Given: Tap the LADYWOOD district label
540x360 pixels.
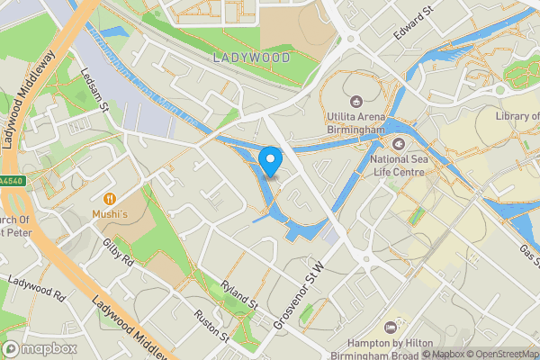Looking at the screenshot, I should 252,57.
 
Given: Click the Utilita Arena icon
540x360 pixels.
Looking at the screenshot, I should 355,101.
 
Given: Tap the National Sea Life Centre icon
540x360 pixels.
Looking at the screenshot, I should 397,143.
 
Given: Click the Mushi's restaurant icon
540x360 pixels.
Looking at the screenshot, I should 110,198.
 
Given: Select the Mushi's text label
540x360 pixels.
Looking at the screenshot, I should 110,214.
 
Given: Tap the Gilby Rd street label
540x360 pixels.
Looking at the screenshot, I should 118,253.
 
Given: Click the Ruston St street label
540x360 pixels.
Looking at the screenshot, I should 212,327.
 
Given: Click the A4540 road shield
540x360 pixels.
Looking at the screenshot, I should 11,181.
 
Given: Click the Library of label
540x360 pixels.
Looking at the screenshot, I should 517,116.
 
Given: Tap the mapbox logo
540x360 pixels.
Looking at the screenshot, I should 40,348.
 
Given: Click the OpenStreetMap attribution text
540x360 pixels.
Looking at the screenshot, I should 500,354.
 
